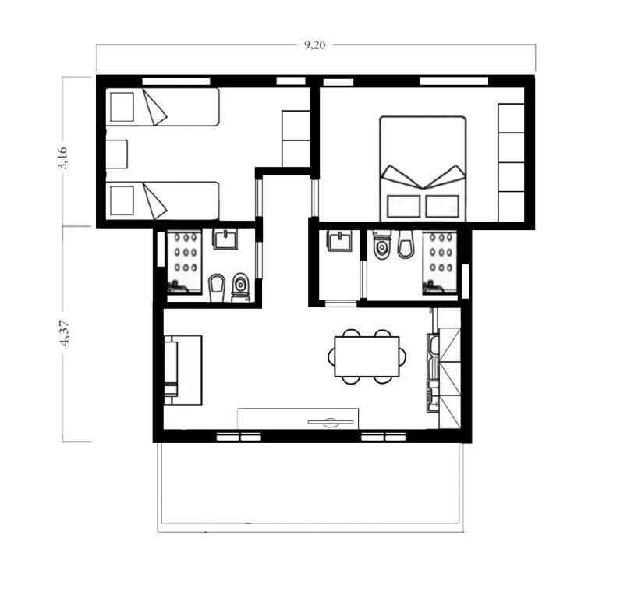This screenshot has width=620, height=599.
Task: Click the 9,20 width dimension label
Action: click(314, 45)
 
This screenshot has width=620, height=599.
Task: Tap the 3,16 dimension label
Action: click(63, 158)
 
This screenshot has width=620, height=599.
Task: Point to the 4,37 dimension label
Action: click(65, 334)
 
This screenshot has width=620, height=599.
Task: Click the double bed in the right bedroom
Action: click(423, 168)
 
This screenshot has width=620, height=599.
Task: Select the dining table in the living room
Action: click(367, 356)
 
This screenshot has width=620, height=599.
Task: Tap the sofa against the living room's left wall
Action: click(182, 370)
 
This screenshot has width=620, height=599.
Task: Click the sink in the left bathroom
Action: click(225, 239)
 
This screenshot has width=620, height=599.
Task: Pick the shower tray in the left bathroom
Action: click(185, 261)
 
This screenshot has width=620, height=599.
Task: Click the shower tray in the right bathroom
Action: click(440, 262)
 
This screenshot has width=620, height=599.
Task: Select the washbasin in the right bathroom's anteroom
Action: click(340, 241)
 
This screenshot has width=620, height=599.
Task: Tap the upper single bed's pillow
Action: click(122, 107)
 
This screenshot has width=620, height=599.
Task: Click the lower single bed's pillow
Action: click(122, 201)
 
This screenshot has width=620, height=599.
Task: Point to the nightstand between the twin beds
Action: click(117, 154)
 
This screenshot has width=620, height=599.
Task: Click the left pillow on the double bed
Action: click(403, 206)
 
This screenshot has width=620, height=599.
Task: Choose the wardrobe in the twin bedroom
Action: click(296, 139)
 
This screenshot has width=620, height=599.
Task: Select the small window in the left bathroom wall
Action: click(161, 249)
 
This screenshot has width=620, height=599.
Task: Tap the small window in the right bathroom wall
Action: click(466, 281)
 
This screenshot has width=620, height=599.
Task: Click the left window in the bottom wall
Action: click(239, 437)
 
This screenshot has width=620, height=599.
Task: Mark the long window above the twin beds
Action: click(176, 81)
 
